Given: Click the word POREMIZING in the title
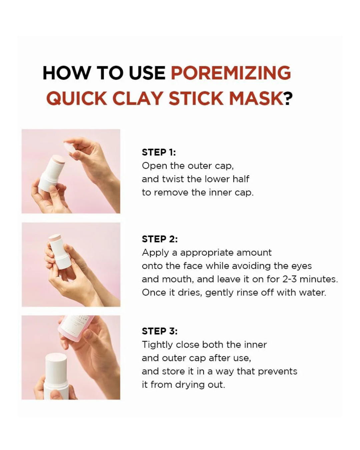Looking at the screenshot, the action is coord(231,73).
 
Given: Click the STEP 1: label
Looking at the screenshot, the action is coord(159,152).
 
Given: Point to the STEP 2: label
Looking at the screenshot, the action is coord(160,239).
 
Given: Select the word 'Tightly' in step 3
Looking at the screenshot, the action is coord(157,345).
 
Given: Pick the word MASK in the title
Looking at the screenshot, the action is coord(256,98).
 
